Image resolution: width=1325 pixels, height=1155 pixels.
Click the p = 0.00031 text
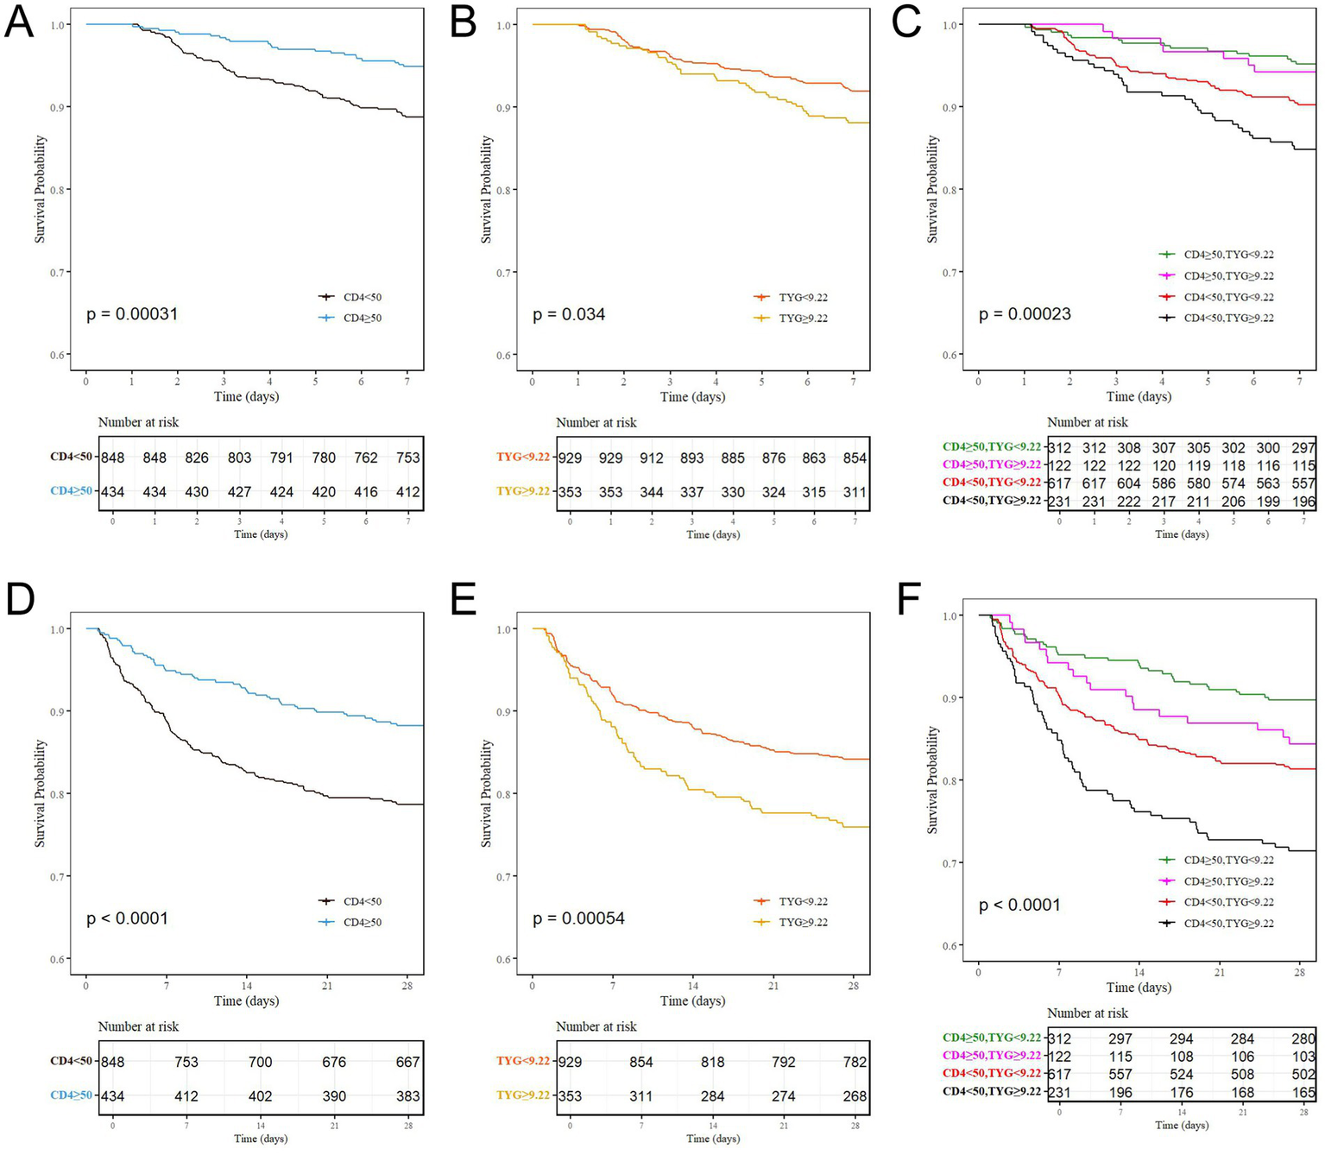[x=132, y=314]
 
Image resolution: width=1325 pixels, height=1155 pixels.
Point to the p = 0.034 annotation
[x=569, y=314]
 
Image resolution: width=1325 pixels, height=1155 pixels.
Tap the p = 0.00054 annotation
[x=578, y=918]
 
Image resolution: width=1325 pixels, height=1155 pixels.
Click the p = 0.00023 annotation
[x=1025, y=314]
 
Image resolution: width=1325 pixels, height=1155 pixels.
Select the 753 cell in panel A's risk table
[x=407, y=458]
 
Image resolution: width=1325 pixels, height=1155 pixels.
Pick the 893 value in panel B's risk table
[x=691, y=458]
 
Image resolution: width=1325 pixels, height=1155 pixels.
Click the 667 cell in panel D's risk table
[x=407, y=1062]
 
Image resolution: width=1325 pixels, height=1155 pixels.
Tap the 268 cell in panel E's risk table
[x=855, y=1096]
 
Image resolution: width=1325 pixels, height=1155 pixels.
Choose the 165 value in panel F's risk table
[x=1303, y=1091]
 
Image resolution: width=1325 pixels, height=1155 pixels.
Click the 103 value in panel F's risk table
[x=1303, y=1057]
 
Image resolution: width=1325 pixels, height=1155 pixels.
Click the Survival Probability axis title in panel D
[x=40, y=792]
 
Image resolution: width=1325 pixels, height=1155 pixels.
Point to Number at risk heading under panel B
[x=596, y=423]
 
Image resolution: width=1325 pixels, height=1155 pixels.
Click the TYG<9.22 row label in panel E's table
[x=523, y=1062]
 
